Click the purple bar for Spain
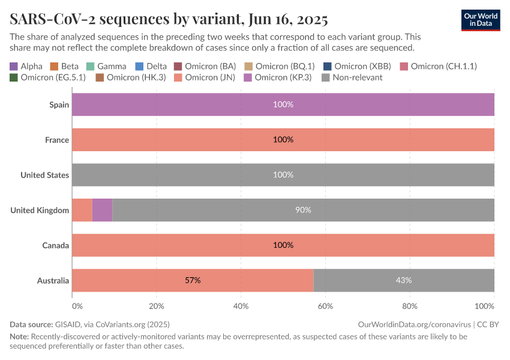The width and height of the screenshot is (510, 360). [283, 104]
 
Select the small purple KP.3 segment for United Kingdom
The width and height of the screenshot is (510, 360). [102, 210]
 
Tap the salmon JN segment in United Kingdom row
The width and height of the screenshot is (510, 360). [82, 210]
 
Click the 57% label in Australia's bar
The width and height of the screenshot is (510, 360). [193, 280]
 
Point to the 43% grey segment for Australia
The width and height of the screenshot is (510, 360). [403, 280]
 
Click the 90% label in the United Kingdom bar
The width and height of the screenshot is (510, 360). [303, 210]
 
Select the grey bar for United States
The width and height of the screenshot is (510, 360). [283, 175]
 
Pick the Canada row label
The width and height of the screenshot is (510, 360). [55, 245]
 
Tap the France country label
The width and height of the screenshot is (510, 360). [57, 140]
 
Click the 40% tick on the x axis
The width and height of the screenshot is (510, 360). [241, 306]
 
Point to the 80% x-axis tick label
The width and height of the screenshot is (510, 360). [410, 306]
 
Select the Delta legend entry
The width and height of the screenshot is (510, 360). [151, 66]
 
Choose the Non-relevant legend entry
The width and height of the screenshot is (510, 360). [352, 77]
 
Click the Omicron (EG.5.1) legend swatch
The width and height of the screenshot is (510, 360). [14, 77]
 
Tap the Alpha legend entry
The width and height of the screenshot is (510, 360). [26, 66]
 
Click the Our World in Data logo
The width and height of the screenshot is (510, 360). [480, 20]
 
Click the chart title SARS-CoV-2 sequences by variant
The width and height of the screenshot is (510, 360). [169, 19]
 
